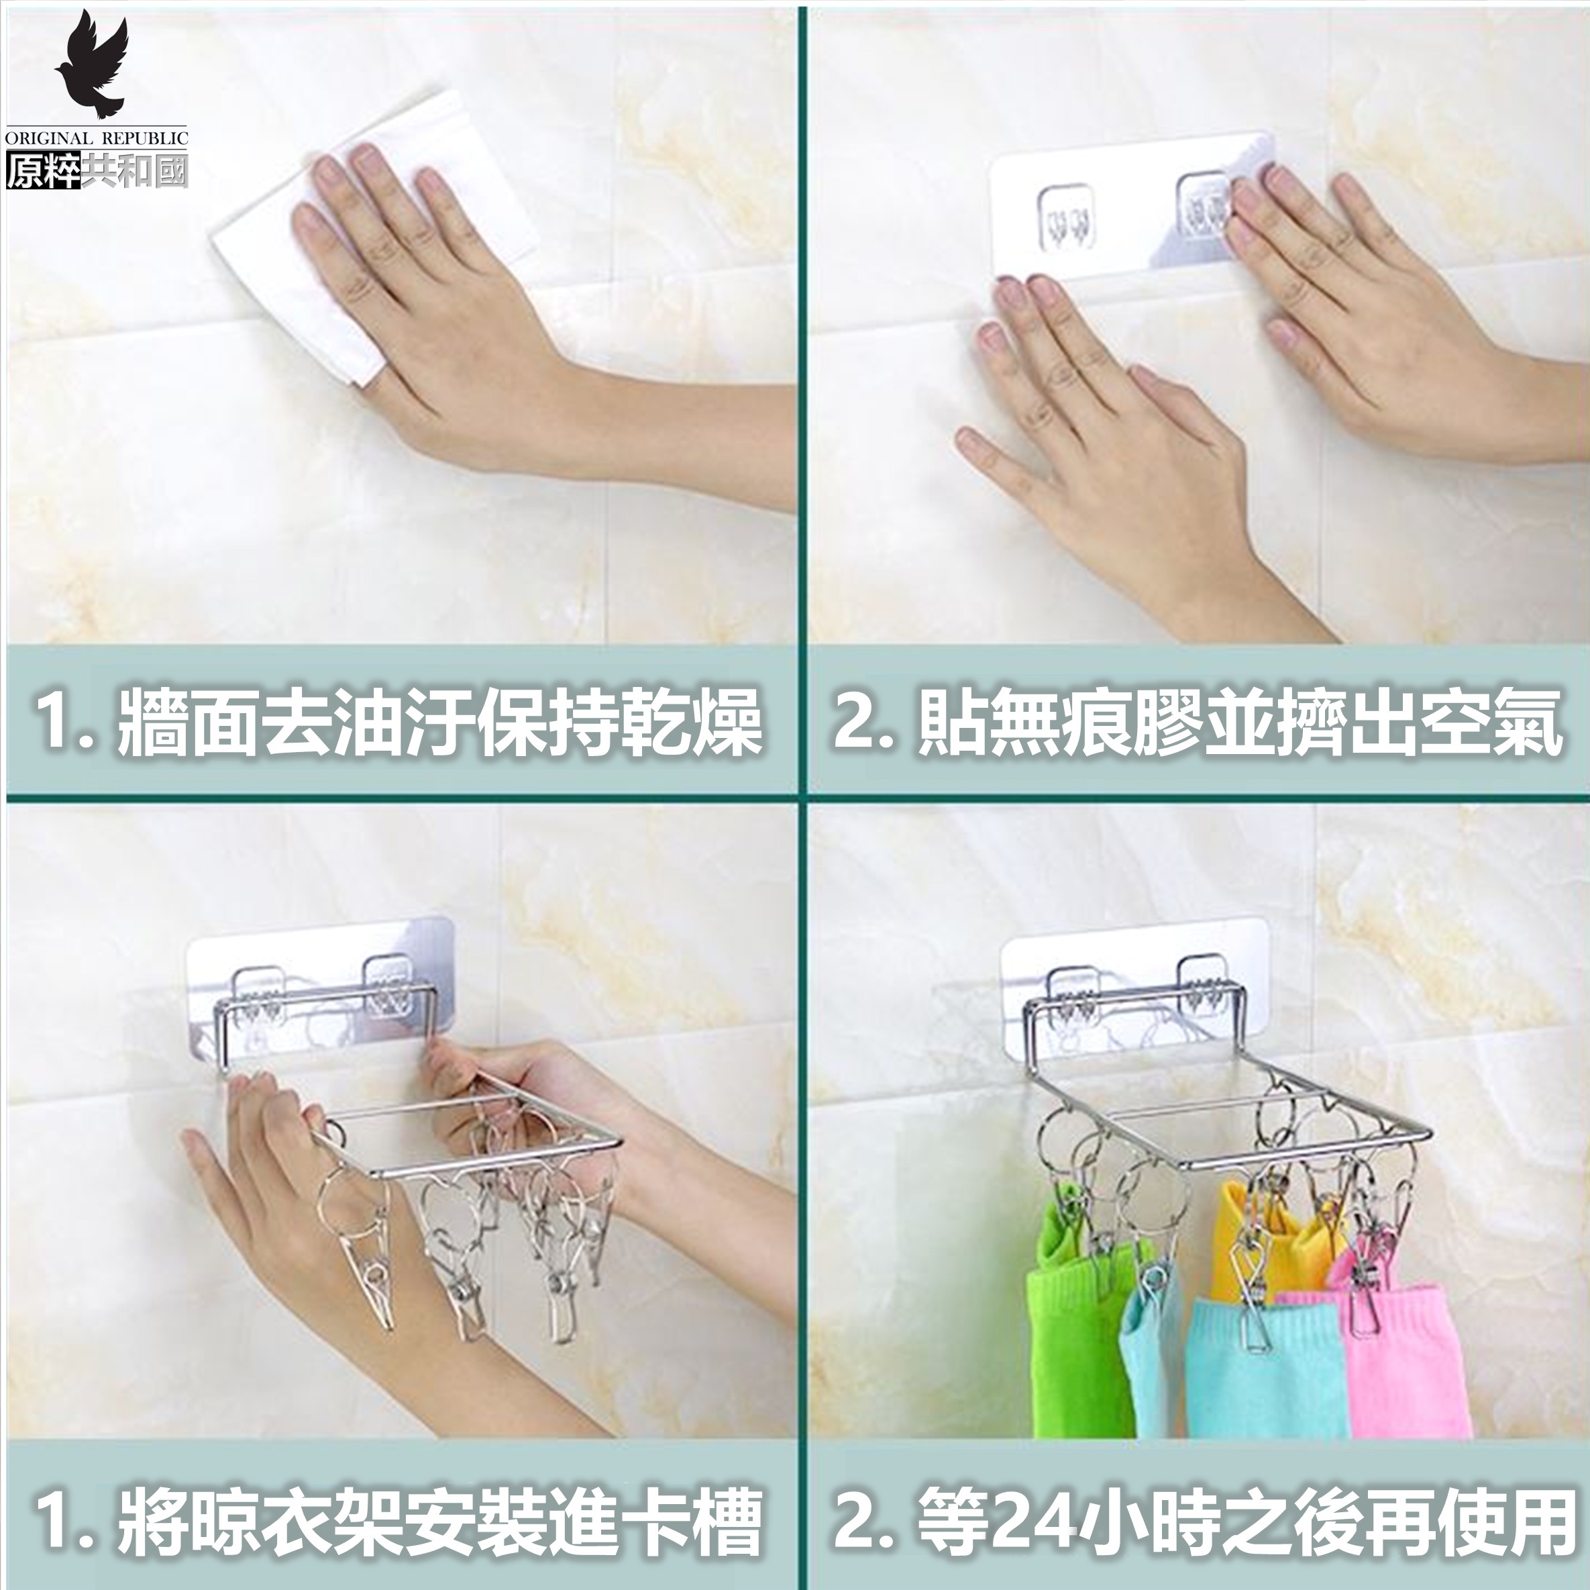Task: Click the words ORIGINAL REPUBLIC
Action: (x=97, y=138)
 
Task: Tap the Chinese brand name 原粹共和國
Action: (x=97, y=170)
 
